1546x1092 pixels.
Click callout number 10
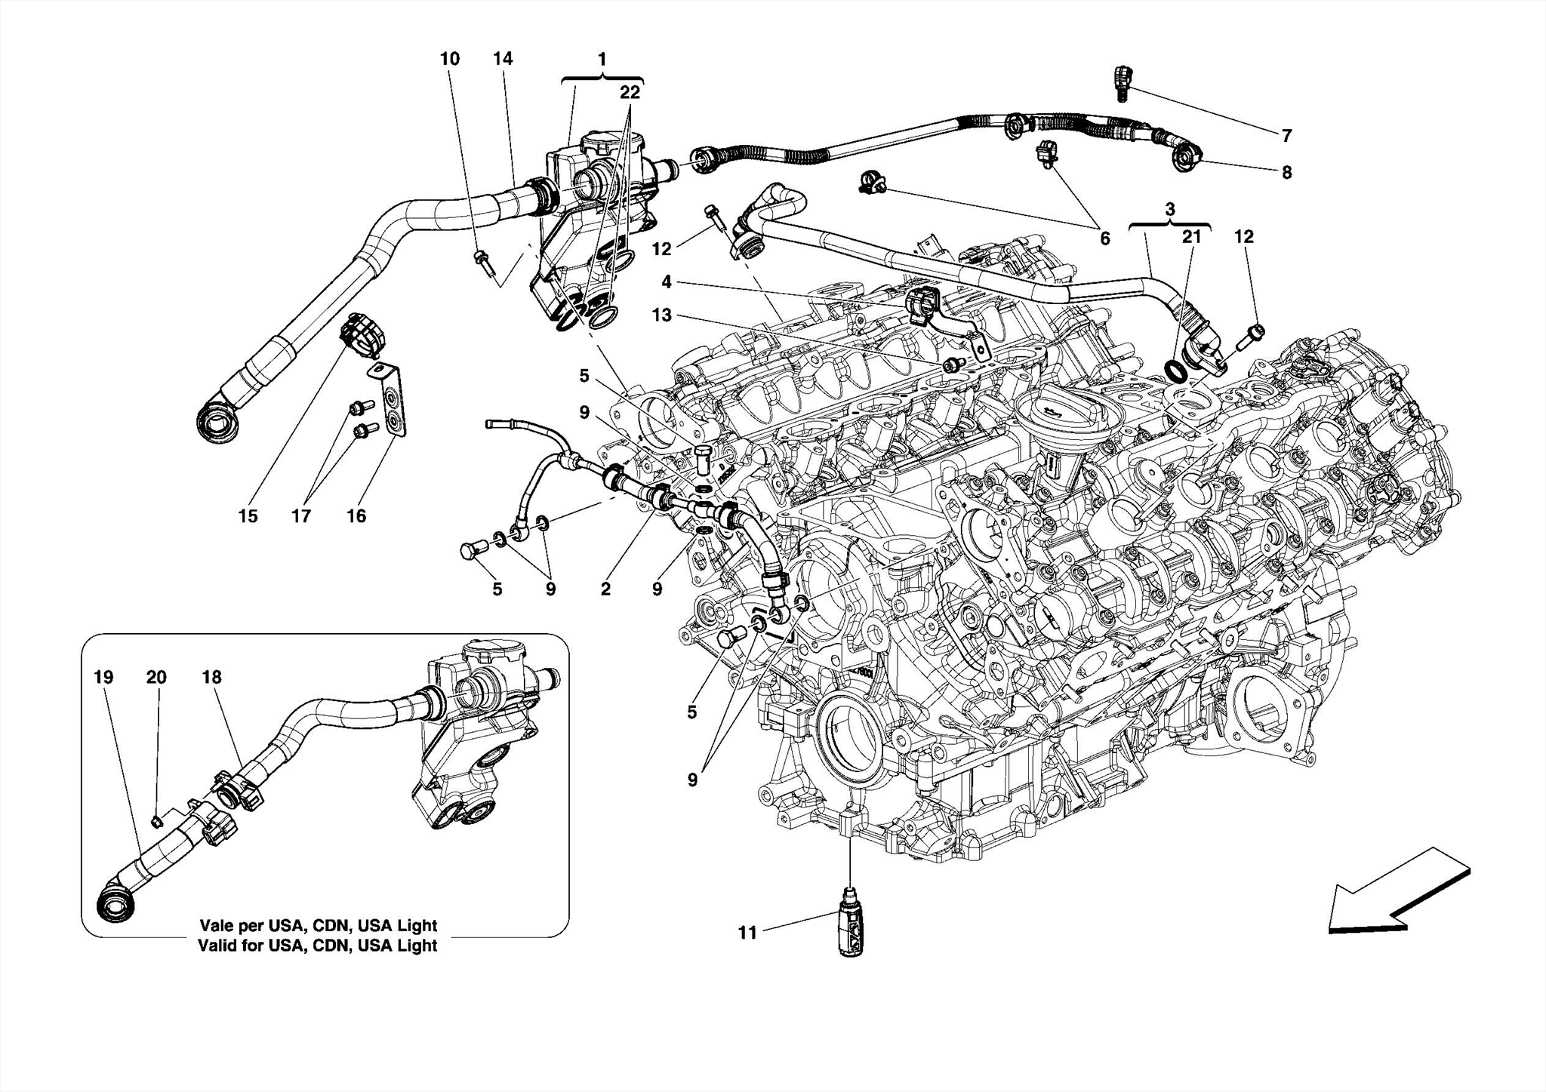click(450, 59)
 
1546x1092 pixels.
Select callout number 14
click(503, 59)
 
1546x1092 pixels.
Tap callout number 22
click(630, 92)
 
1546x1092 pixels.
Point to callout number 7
click(1286, 136)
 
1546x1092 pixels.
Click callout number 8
click(1286, 172)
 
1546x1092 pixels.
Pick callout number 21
click(1191, 237)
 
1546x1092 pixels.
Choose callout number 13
click(661, 315)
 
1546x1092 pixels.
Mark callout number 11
click(747, 934)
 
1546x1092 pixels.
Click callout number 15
click(248, 516)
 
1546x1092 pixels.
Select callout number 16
click(356, 516)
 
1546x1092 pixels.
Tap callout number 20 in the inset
click(156, 677)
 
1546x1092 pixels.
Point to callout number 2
click(605, 589)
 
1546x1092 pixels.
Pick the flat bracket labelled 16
click(392, 400)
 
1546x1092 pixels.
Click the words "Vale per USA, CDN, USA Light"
click(318, 925)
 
